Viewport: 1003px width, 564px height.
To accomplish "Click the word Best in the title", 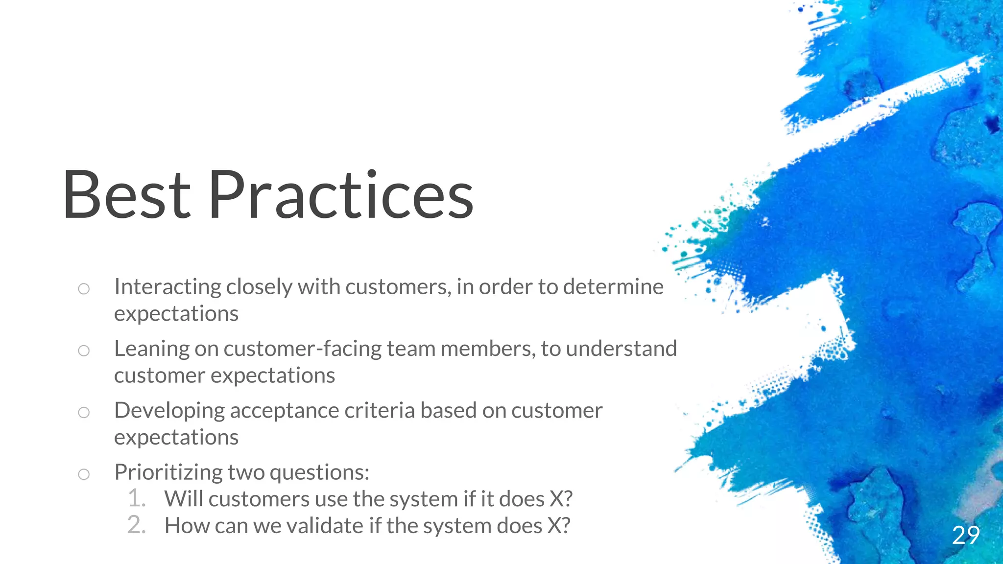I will click(126, 195).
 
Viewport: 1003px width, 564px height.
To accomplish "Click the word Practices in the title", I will click(341, 195).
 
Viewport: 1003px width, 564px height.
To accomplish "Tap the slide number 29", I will click(966, 535).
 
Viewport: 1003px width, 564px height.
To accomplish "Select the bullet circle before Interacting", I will click(84, 289).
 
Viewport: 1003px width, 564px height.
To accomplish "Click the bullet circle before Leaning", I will click(84, 351).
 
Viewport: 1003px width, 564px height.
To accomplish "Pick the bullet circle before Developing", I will click(84, 412).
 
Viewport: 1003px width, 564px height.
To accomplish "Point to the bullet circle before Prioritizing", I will click(84, 474).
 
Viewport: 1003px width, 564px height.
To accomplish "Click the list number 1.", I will click(137, 498).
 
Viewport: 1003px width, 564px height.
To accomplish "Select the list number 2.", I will click(137, 525).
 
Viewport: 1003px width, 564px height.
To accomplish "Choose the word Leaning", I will click(152, 349).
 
